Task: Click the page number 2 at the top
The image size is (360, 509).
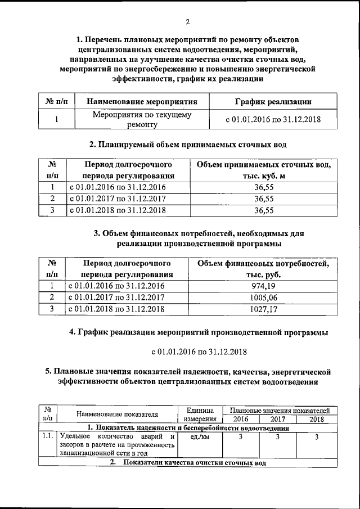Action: click(x=187, y=22)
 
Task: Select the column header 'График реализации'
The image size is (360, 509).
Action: click(x=272, y=102)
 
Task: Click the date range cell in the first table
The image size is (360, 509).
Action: click(x=272, y=120)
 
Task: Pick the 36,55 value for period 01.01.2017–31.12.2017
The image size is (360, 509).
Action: click(x=264, y=199)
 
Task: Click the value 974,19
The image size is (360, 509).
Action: click(x=264, y=286)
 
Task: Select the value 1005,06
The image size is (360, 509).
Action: click(x=264, y=298)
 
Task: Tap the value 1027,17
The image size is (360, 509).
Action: click(x=264, y=309)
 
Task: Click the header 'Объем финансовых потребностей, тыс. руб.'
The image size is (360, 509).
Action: click(x=264, y=269)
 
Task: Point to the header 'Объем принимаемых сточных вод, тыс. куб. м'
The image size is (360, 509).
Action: click(x=264, y=170)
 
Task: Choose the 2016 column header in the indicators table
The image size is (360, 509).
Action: click(x=241, y=419)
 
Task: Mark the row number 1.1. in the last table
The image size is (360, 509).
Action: click(x=47, y=436)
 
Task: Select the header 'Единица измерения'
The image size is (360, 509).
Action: click(x=200, y=415)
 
